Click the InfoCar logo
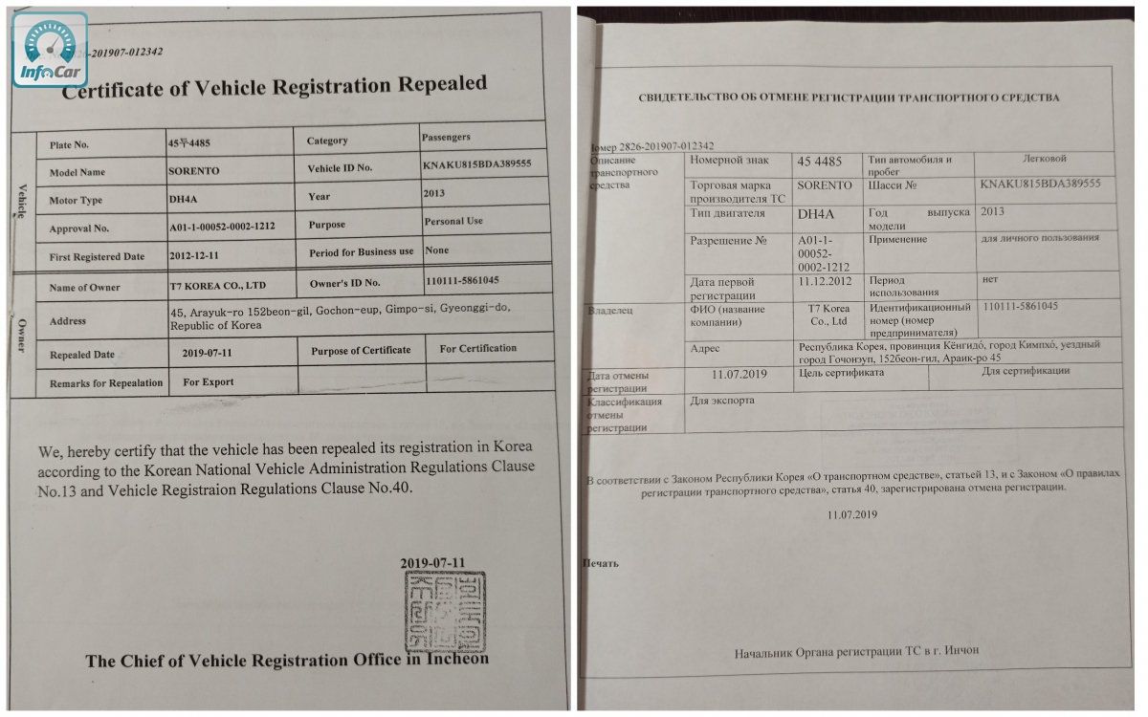tap(50, 50)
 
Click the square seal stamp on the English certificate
tap(444, 612)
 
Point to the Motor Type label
tap(76, 201)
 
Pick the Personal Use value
tap(453, 222)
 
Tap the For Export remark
tap(209, 381)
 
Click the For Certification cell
tap(478, 349)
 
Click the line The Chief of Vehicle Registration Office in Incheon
tap(286, 660)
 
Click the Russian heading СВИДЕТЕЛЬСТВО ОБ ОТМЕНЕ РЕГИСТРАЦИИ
tap(849, 98)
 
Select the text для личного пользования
tap(1040, 238)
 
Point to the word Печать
tap(601, 563)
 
